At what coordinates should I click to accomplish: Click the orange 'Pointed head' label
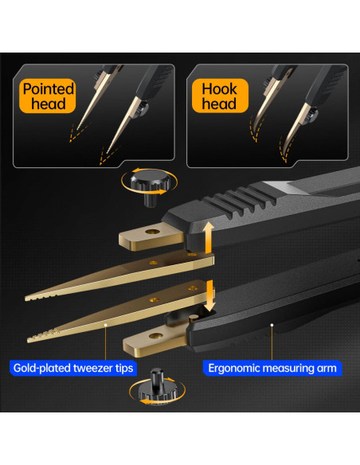pos(48,96)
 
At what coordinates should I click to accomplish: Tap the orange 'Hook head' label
pos(220,96)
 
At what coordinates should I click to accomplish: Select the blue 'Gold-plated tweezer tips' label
pos(73,368)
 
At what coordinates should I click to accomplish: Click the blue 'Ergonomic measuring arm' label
pos(272,368)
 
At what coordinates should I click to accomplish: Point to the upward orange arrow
pos(209,237)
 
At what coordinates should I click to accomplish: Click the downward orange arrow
pos(210,296)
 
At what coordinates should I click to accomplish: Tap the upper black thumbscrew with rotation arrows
pos(150,186)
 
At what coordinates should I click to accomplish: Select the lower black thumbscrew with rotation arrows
pos(156,386)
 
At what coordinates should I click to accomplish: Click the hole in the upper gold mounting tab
pos(152,231)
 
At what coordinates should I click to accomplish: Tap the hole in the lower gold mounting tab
pos(155,336)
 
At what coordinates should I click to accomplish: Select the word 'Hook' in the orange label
pos(220,88)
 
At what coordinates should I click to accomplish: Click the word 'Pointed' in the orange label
pos(49,88)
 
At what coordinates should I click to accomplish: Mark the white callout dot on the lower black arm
pos(272,325)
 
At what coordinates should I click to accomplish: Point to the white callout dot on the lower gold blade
pos(105,325)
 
